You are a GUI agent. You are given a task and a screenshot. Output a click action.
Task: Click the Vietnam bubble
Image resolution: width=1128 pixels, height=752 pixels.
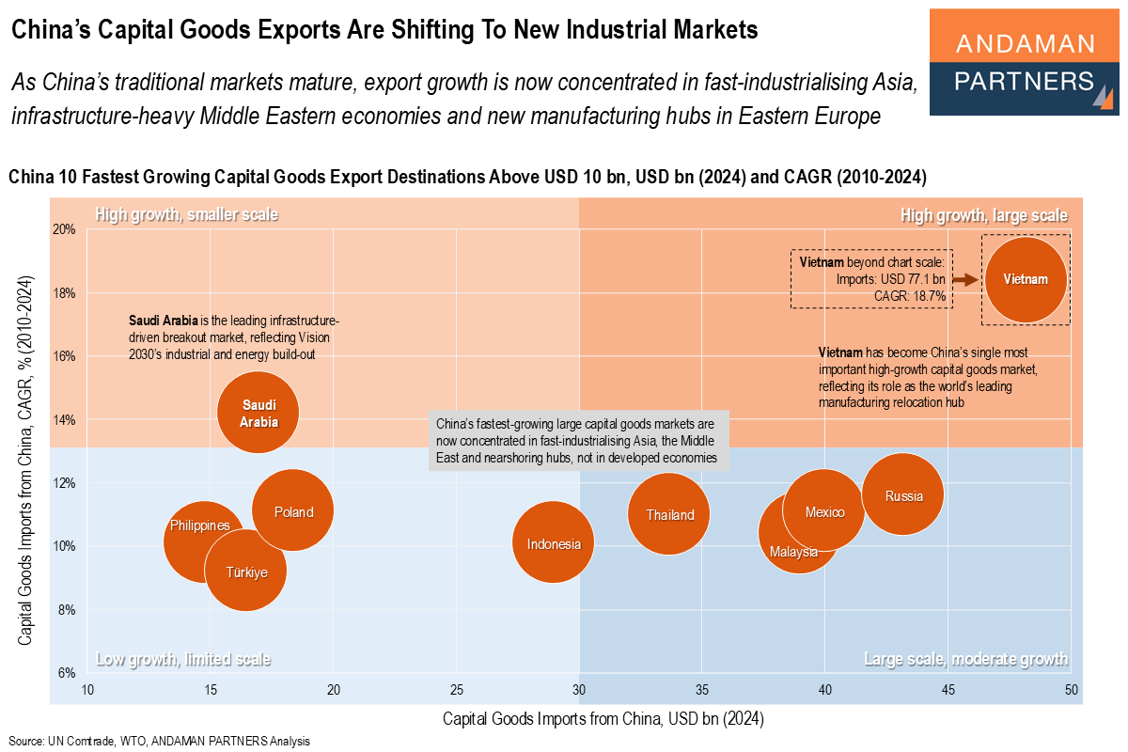coord(1026,279)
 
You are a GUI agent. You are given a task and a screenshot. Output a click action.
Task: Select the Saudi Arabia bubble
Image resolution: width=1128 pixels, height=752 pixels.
coord(258,411)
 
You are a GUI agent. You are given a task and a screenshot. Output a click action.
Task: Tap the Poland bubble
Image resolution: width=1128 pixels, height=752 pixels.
coord(294,511)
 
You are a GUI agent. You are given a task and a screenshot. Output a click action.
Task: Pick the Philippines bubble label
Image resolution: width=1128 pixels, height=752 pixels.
coord(199,525)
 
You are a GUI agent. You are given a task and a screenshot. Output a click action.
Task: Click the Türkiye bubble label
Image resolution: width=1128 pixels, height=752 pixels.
coord(246,572)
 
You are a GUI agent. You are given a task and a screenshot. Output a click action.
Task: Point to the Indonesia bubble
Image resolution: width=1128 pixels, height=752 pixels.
coord(554,543)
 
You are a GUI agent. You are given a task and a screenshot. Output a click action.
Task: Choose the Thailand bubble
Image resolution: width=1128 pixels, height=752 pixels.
coord(669,514)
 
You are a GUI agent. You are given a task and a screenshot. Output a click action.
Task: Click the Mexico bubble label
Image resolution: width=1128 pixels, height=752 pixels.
coord(824,512)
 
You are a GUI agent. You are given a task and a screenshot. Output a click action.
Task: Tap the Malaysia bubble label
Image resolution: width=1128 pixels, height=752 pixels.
coord(793,552)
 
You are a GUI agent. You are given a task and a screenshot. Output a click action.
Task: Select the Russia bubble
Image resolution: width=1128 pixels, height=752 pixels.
coord(902,495)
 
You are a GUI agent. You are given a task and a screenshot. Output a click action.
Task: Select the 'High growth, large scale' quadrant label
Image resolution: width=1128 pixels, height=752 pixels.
coord(983,215)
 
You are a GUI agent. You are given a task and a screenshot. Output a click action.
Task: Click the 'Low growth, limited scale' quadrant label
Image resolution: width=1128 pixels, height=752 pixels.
coord(183,659)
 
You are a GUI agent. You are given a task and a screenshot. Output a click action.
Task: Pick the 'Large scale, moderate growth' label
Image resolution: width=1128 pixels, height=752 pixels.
coord(965,659)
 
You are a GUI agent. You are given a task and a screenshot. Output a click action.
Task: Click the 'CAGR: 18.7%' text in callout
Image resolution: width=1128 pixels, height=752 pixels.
coord(910,296)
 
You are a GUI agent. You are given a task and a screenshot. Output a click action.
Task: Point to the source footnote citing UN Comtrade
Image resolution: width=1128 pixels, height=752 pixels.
coord(160,741)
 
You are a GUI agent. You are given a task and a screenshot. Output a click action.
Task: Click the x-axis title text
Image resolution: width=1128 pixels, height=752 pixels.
coord(603,720)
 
